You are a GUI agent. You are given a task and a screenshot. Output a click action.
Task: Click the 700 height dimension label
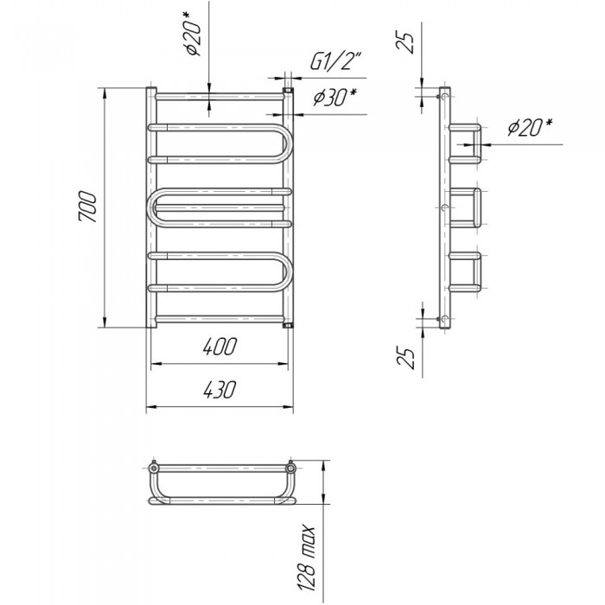pos(86,207)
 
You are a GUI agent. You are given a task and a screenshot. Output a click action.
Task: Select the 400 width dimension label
pos(219,347)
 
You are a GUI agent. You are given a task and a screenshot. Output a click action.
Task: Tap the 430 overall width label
pos(219,389)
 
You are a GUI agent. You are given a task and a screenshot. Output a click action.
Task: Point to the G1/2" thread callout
pos(335,61)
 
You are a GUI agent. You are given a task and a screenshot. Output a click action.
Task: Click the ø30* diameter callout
pos(334,97)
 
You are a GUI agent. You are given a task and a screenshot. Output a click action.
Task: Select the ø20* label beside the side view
pos(530,127)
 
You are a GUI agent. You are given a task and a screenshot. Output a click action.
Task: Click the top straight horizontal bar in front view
pos(220,96)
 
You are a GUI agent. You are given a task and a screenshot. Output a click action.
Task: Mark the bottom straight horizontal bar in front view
pos(220,320)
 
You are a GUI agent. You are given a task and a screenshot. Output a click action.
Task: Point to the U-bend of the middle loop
pos(151,207)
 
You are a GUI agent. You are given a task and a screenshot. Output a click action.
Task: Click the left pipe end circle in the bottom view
pos(154,468)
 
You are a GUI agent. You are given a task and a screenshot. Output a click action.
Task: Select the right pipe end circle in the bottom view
pos(290,468)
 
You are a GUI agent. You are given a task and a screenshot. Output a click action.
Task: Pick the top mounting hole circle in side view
pos(445,96)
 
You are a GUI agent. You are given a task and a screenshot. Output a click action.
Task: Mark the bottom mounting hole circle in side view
pos(445,319)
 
